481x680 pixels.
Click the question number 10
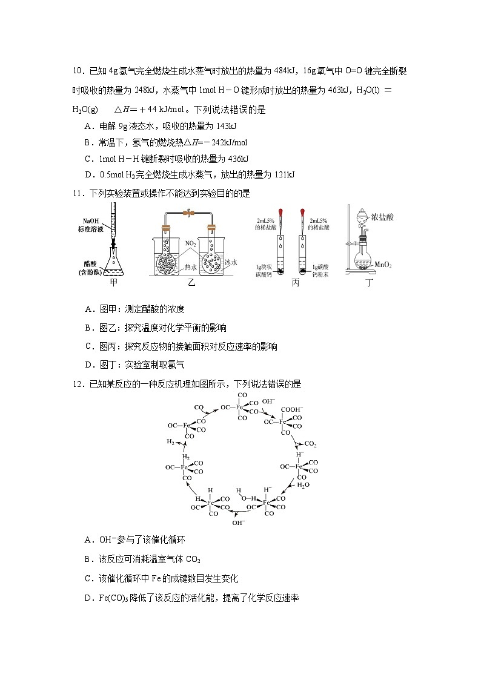click(x=77, y=71)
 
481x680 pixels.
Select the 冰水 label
click(x=230, y=262)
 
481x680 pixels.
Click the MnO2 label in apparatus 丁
click(x=385, y=264)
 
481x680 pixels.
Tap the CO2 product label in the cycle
click(x=310, y=444)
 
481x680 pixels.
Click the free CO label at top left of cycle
click(x=199, y=407)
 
